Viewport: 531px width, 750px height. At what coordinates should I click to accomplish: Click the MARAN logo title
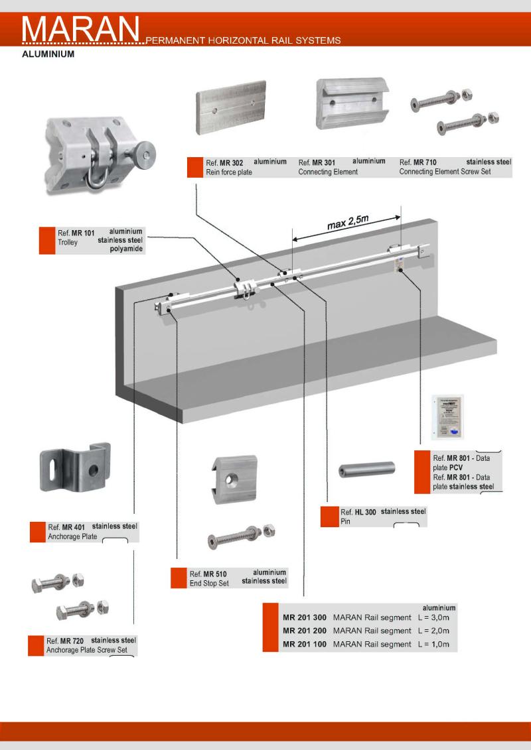pyautogui.click(x=81, y=29)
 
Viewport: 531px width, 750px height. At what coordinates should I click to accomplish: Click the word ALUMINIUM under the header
pyautogui.click(x=48, y=55)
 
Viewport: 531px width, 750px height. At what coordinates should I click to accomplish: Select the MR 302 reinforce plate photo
pyautogui.click(x=231, y=108)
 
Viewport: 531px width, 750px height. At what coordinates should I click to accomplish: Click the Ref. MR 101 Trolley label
pyautogui.click(x=76, y=238)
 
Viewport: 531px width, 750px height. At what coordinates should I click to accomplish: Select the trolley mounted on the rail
pyautogui.click(x=246, y=290)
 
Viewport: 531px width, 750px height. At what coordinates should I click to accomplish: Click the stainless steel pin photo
pyautogui.click(x=366, y=470)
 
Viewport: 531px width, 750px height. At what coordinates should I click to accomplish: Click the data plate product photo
pyautogui.click(x=447, y=416)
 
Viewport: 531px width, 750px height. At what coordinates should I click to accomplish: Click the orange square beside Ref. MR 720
pyautogui.click(x=36, y=646)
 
